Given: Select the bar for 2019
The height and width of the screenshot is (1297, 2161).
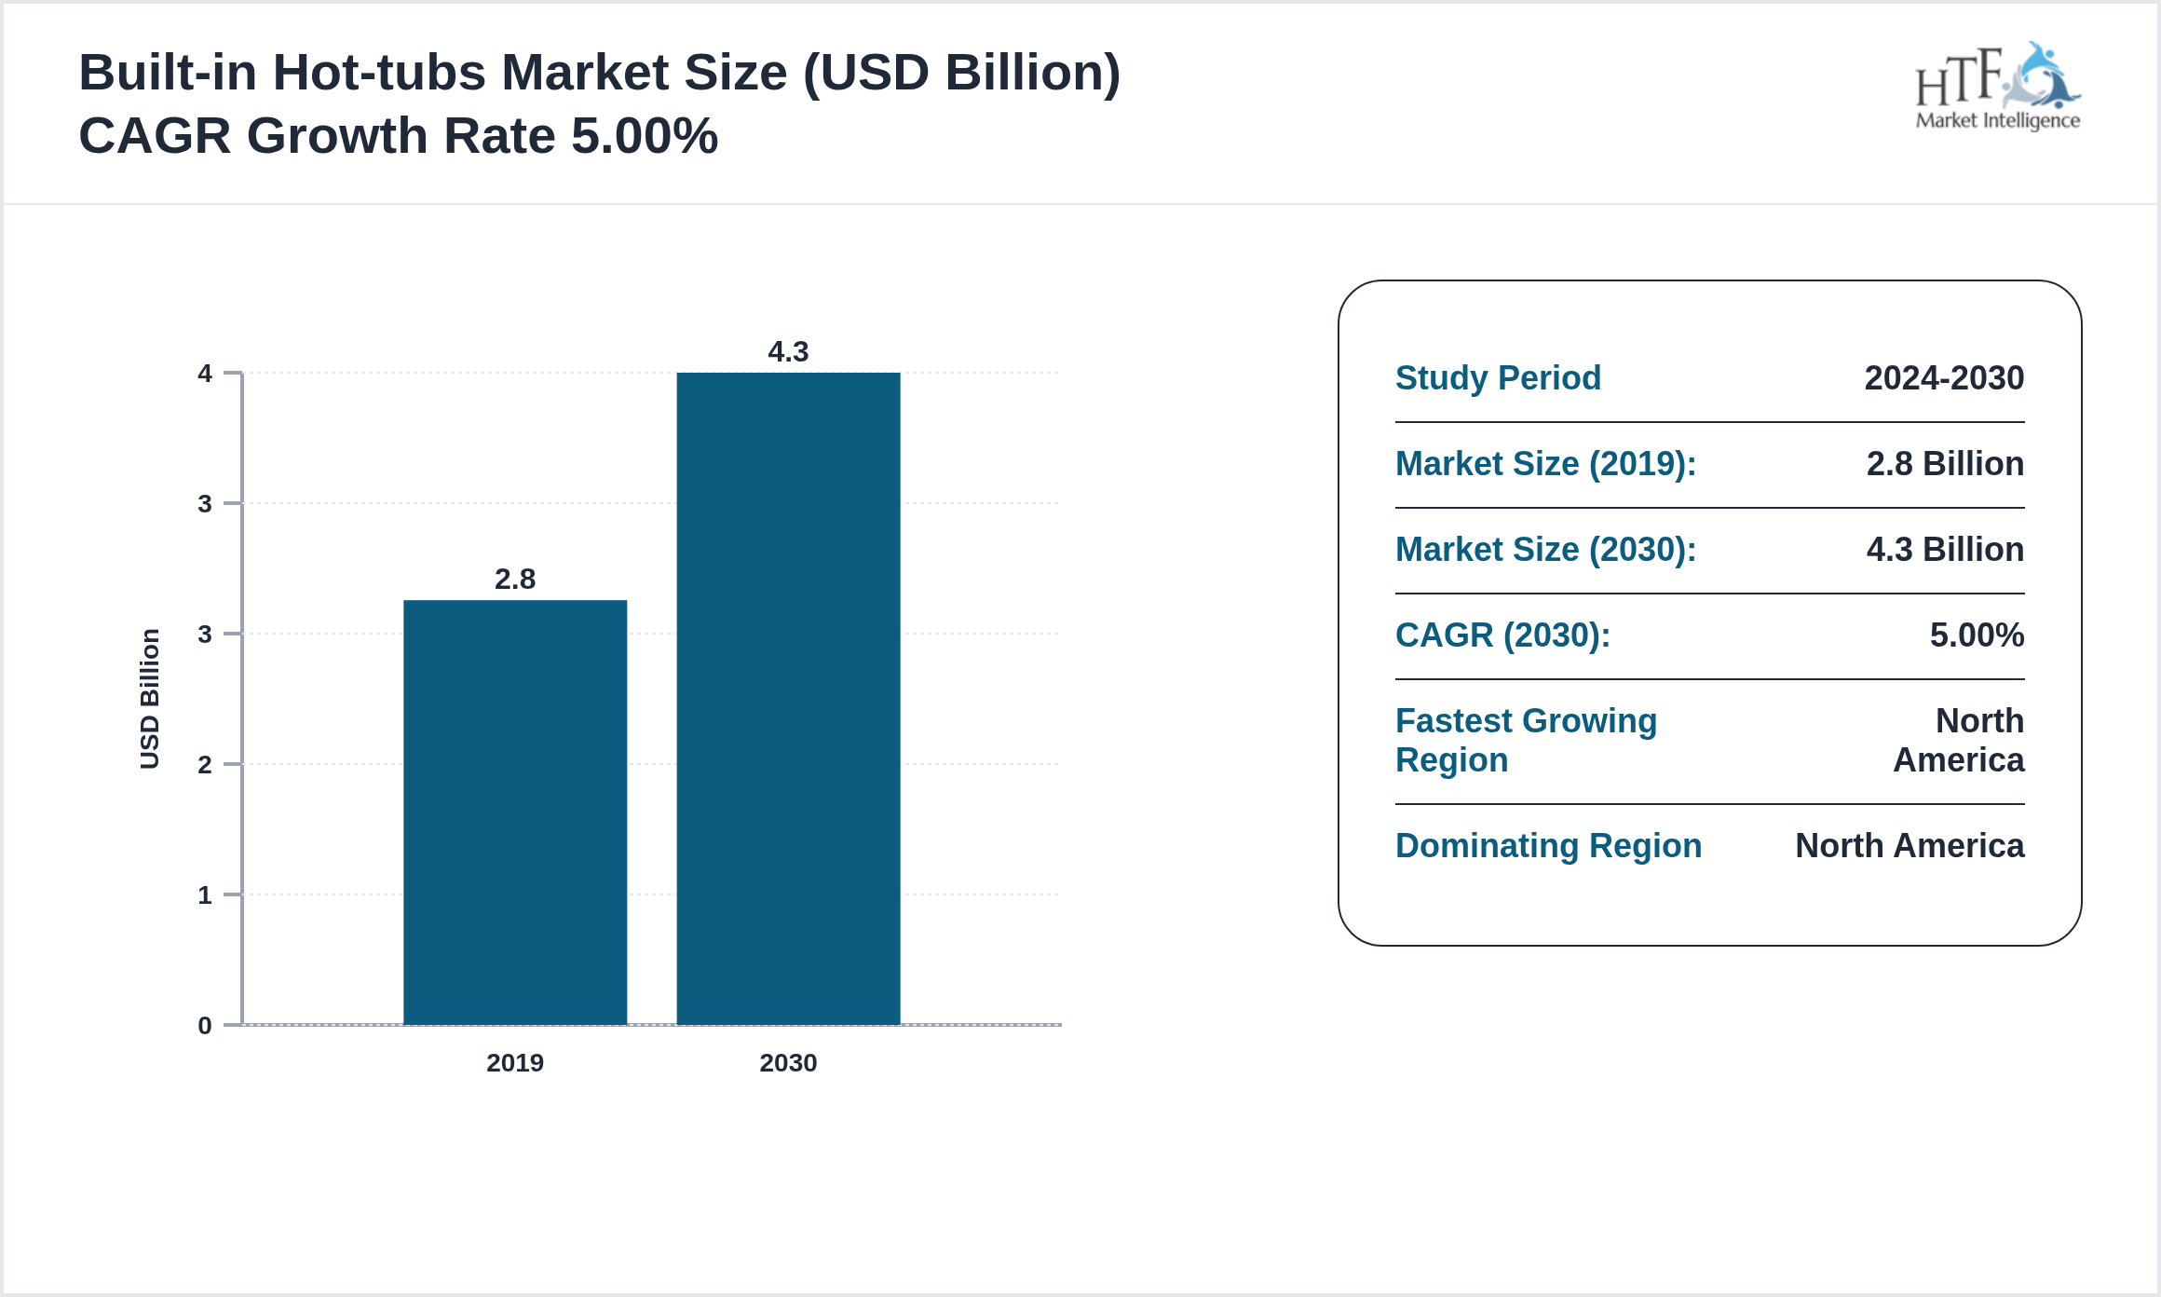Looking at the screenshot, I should pos(515,812).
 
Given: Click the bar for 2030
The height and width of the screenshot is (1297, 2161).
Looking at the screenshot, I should pos(788,699).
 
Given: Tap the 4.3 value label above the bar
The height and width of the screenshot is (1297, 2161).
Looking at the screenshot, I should pos(788,352).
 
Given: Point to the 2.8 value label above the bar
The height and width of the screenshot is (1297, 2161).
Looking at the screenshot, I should pos(515,580).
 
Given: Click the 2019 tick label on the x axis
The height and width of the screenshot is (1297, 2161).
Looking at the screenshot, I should pos(515,1063).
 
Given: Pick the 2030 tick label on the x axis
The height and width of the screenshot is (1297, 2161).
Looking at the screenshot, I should pos(788,1063).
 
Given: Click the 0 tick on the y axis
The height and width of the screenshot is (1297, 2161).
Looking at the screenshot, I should pos(205,1026).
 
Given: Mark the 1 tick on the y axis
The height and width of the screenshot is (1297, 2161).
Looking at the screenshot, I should pos(205,895).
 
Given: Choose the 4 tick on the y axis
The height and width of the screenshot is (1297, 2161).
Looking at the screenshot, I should pos(205,374).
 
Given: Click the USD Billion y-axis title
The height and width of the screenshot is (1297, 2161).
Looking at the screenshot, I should pos(150,699).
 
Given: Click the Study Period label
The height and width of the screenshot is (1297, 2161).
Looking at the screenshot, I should pos(1498,378).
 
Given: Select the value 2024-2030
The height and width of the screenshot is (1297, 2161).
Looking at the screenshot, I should pos(1944,378).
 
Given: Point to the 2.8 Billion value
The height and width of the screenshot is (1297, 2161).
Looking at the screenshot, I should pos(1945,464).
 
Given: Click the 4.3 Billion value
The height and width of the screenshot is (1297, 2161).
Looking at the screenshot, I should pos(1945,550).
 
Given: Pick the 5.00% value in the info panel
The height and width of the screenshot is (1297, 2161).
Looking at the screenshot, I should pos(1977,635).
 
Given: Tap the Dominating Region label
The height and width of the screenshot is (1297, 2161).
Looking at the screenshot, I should pos(1548,846).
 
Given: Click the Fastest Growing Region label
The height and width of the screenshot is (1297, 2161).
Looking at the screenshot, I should pos(1526,741).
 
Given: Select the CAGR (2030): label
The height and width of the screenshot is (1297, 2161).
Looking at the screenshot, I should pos(1502,635).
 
